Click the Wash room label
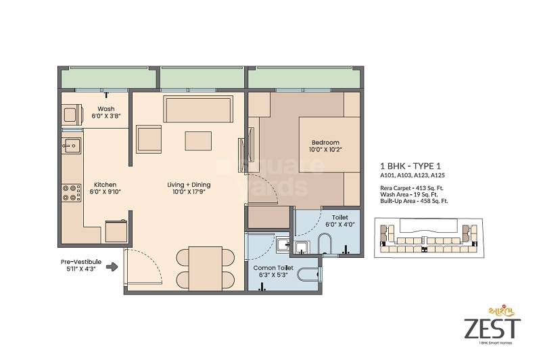point(106,109)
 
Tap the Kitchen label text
point(105,185)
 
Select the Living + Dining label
point(189,185)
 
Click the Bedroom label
point(325,142)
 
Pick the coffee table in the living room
point(199,140)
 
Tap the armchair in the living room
point(150,139)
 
